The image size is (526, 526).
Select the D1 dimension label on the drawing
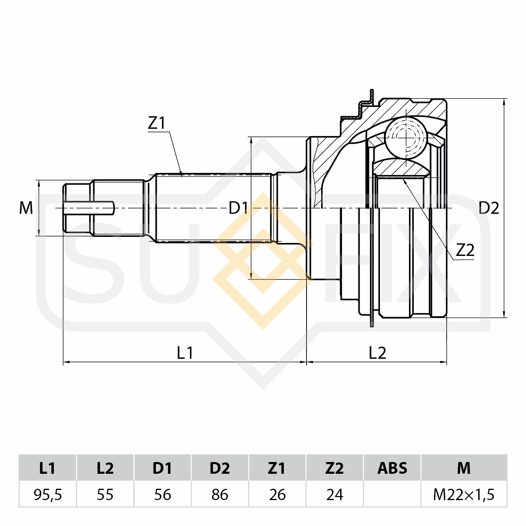coord(238,208)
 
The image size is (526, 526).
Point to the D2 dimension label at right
coord(489,208)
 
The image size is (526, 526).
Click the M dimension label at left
coord(26,208)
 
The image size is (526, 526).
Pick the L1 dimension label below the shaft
coord(185,353)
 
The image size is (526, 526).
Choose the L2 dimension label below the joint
coord(377,353)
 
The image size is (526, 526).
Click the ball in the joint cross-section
coord(406,137)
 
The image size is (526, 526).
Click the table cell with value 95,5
coord(48,494)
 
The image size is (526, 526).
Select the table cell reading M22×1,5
coord(464,494)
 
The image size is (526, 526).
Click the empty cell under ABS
coord(392,494)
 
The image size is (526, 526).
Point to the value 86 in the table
coord(220,494)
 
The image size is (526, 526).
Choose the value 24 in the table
coord(334,494)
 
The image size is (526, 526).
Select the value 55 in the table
coord(105,494)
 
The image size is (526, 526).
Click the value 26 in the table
coord(277,494)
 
